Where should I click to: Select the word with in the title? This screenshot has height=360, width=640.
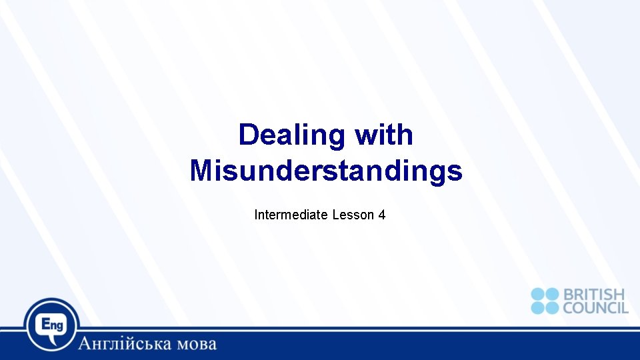pos(384,135)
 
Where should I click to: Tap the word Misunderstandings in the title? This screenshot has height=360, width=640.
pos(326,171)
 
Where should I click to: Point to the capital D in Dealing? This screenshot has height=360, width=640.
pos(248,135)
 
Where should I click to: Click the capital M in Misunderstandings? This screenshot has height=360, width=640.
pos(202,171)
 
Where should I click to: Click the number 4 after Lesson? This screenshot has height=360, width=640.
pos(382,215)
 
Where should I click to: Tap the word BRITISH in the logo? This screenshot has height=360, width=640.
pos(594,294)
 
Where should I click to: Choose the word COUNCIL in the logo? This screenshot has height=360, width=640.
pos(595,307)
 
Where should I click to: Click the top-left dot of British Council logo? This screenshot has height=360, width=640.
pos(538,294)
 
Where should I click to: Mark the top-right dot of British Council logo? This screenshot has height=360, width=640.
pos(551,294)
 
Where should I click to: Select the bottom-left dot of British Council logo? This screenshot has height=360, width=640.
pos(538,307)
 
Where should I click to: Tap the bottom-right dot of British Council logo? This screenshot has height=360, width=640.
pos(551,307)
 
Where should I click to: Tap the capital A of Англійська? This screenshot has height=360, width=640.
pos(85,344)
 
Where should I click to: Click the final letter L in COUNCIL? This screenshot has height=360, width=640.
pos(624,307)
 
